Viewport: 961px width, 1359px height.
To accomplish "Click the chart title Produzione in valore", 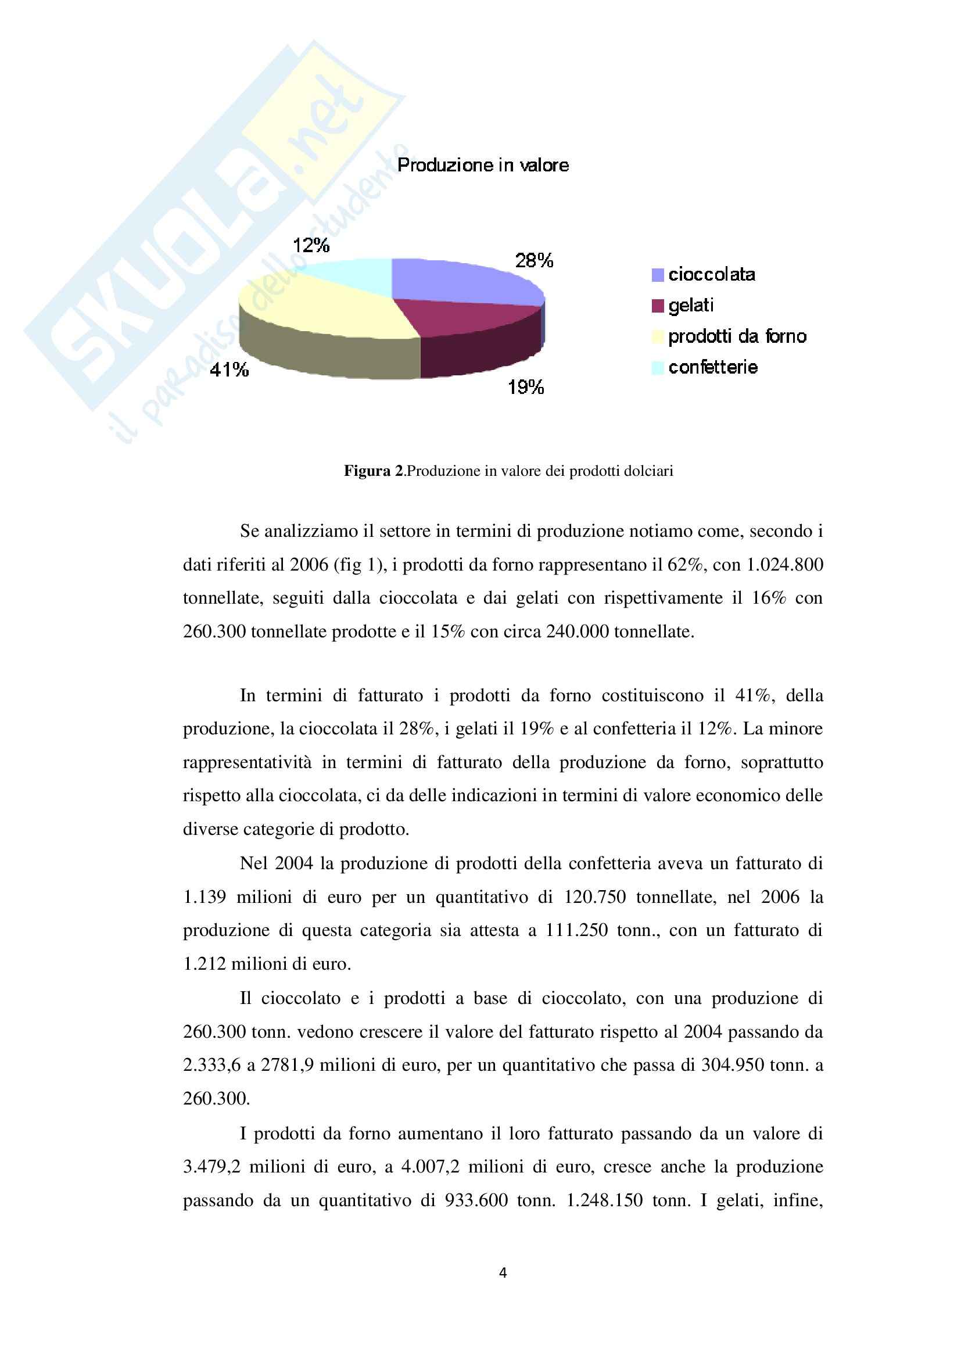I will coord(483,165).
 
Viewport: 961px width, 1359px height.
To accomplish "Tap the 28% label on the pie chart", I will coord(534,260).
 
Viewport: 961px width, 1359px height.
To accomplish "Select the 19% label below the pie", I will coord(525,388).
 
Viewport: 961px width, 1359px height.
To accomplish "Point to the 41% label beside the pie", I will coord(229,371).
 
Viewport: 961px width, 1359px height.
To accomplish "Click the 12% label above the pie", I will coord(311,245).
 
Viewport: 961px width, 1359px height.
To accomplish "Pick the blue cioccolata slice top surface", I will coord(461,281).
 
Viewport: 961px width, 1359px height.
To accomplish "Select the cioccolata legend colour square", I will coord(658,275).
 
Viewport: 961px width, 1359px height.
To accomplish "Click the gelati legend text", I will coord(691,306).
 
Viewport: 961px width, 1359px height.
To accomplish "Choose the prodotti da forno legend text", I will coord(737,336).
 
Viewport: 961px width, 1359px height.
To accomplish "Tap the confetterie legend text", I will coord(713,368).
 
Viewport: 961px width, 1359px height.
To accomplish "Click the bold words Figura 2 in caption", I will coord(374,471).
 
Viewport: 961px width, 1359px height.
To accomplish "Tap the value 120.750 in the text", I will coord(595,897).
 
